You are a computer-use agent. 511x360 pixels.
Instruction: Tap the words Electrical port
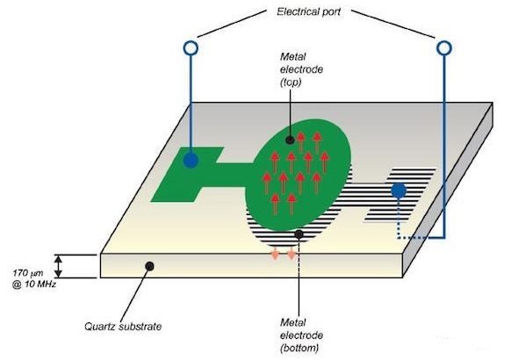(308, 11)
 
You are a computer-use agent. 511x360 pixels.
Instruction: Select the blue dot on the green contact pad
(191, 161)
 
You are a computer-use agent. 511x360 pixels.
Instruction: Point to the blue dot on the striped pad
(399, 191)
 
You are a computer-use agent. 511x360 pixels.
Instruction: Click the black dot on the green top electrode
(290, 140)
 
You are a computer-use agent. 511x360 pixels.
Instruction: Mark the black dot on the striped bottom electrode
(299, 234)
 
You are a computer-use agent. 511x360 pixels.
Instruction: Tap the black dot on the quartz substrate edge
(149, 266)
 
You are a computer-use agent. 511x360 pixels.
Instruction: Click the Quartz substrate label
(123, 327)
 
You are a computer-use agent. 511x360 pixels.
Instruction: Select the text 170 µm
(28, 273)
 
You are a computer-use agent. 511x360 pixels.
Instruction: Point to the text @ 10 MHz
(34, 284)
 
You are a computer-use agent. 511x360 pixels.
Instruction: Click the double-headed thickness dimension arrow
(58, 266)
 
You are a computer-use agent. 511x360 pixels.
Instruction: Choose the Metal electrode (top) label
(301, 69)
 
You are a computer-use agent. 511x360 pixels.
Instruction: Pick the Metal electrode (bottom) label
(301, 335)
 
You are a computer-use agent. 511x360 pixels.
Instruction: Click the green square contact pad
(187, 175)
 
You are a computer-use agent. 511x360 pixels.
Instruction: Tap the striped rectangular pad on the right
(399, 195)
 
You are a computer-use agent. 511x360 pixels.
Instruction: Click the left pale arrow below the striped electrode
(276, 253)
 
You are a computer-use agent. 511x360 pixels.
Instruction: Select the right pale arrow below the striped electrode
(291, 253)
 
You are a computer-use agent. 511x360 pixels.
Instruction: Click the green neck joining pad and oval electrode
(233, 175)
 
